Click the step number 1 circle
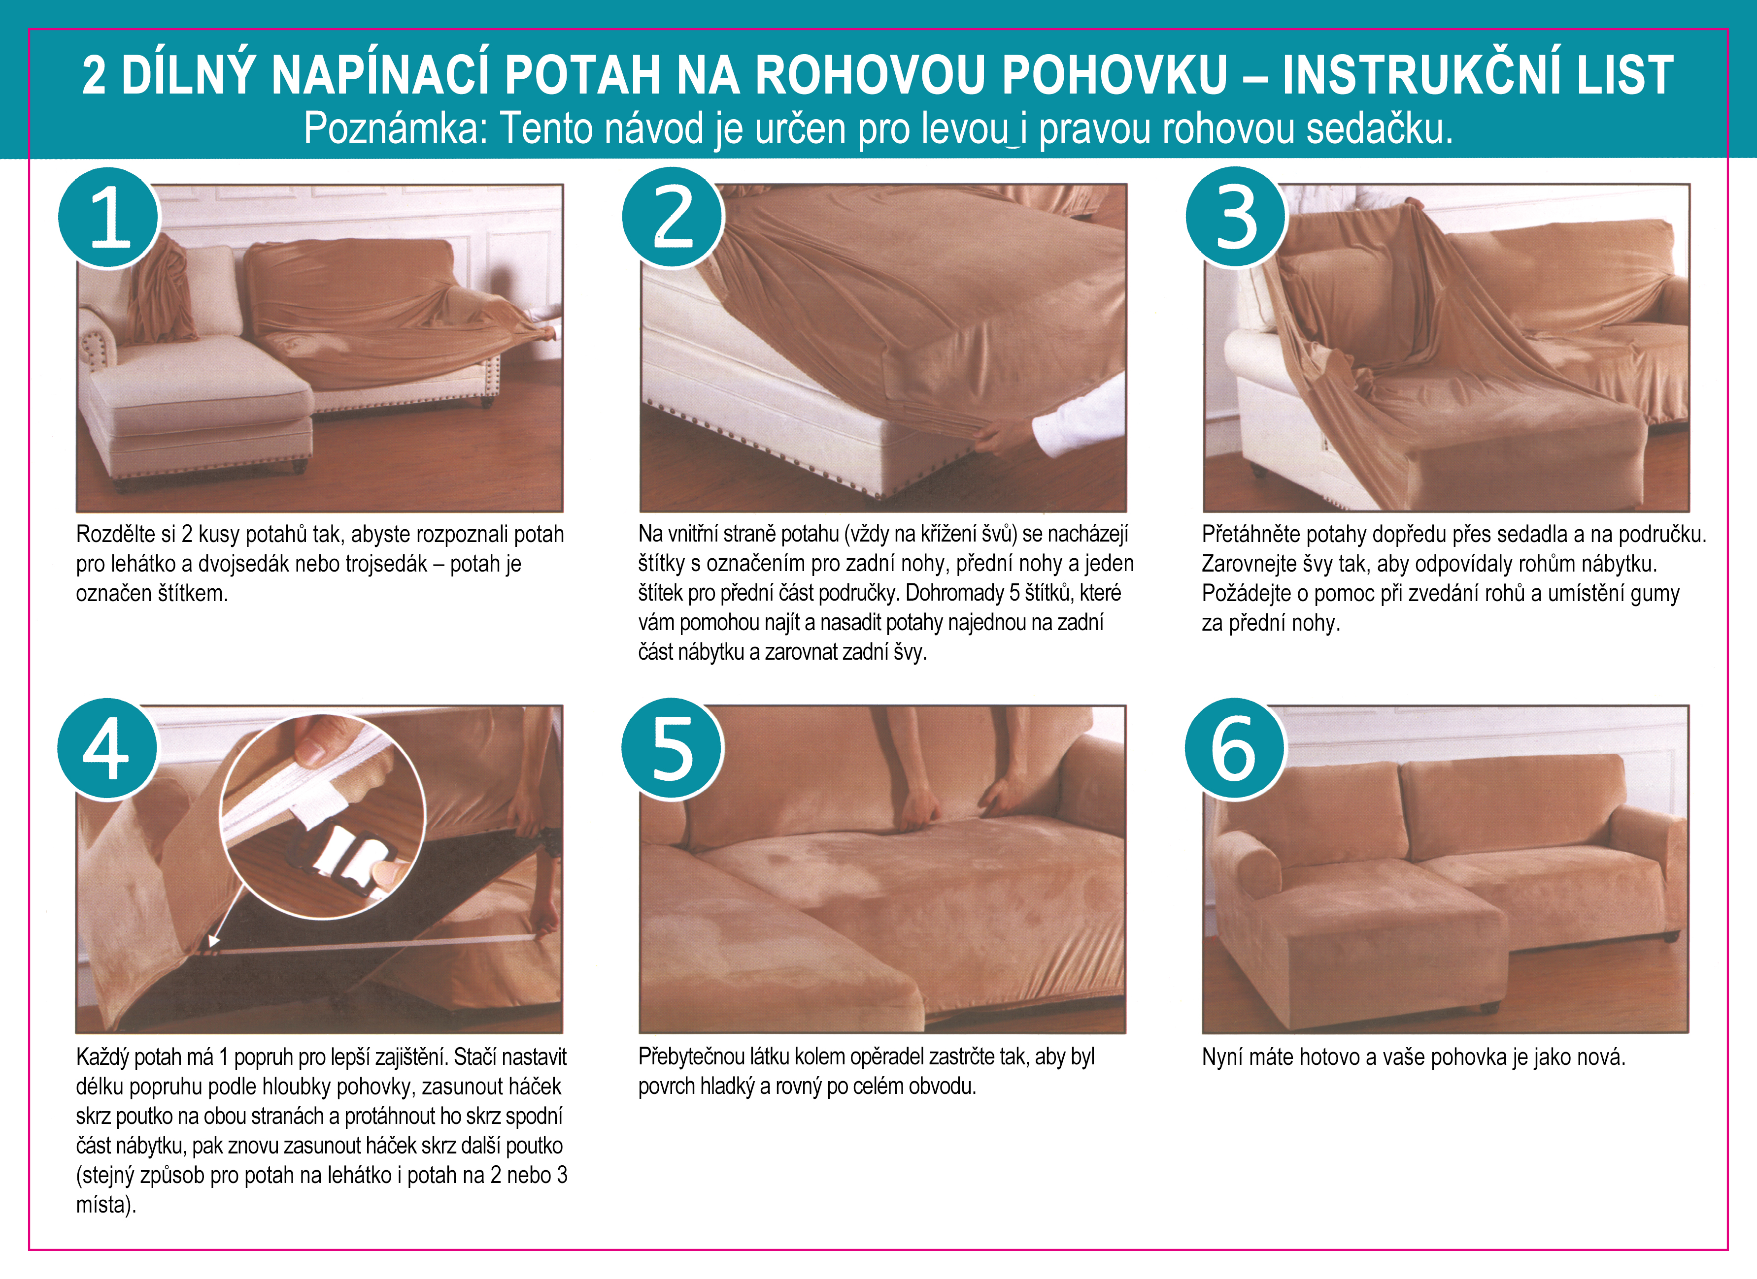point(108,218)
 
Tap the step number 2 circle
point(673,218)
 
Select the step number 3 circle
point(1236,218)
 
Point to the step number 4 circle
point(108,749)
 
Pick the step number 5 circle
point(673,749)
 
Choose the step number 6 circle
point(1236,749)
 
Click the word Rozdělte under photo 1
point(116,534)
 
